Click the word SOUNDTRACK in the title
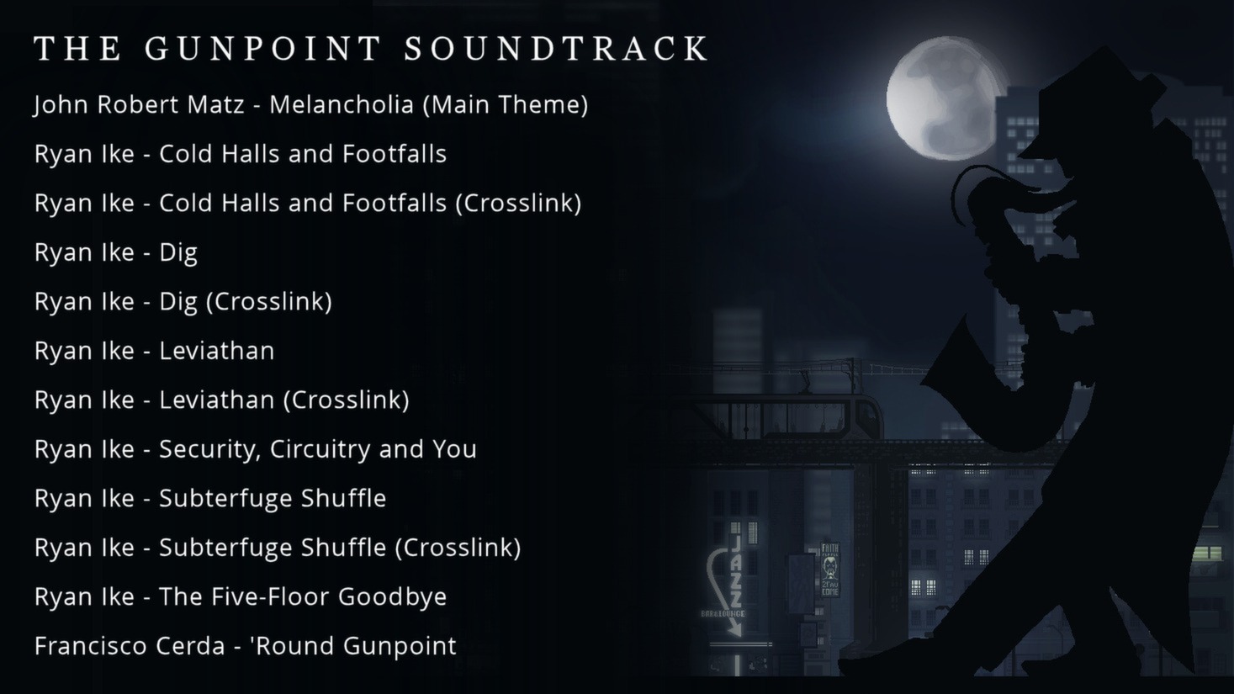coord(556,48)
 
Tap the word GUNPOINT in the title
coord(263,48)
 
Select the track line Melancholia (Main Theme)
coord(429,104)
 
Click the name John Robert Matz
coord(139,104)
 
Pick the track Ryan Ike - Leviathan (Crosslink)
coord(222,400)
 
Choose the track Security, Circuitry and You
coord(318,449)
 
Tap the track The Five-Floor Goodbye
coord(303,596)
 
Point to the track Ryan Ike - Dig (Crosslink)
coord(183,302)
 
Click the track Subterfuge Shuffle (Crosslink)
coord(340,548)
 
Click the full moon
coord(942,98)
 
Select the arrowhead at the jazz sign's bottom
coord(734,628)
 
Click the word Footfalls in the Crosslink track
coord(394,203)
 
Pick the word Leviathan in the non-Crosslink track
coord(216,351)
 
